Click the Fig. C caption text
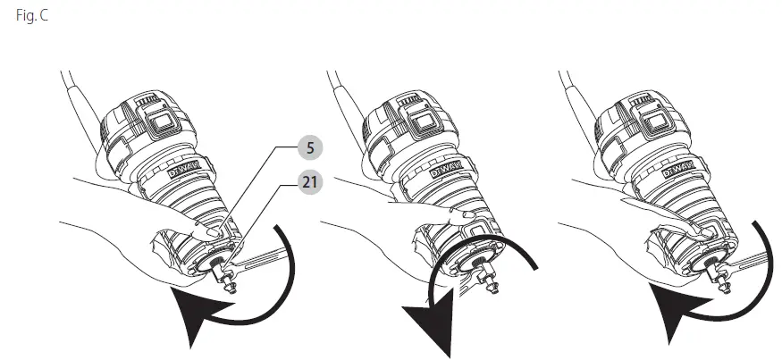coord(32,15)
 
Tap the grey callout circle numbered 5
coord(310,148)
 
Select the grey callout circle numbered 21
coord(310,182)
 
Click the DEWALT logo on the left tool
coord(183,169)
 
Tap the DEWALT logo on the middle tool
coord(446,169)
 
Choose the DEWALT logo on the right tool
coord(679,169)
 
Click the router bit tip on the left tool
coord(231,289)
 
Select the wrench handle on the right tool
coord(743,262)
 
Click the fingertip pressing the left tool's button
coord(209,232)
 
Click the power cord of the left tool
coord(80,111)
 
